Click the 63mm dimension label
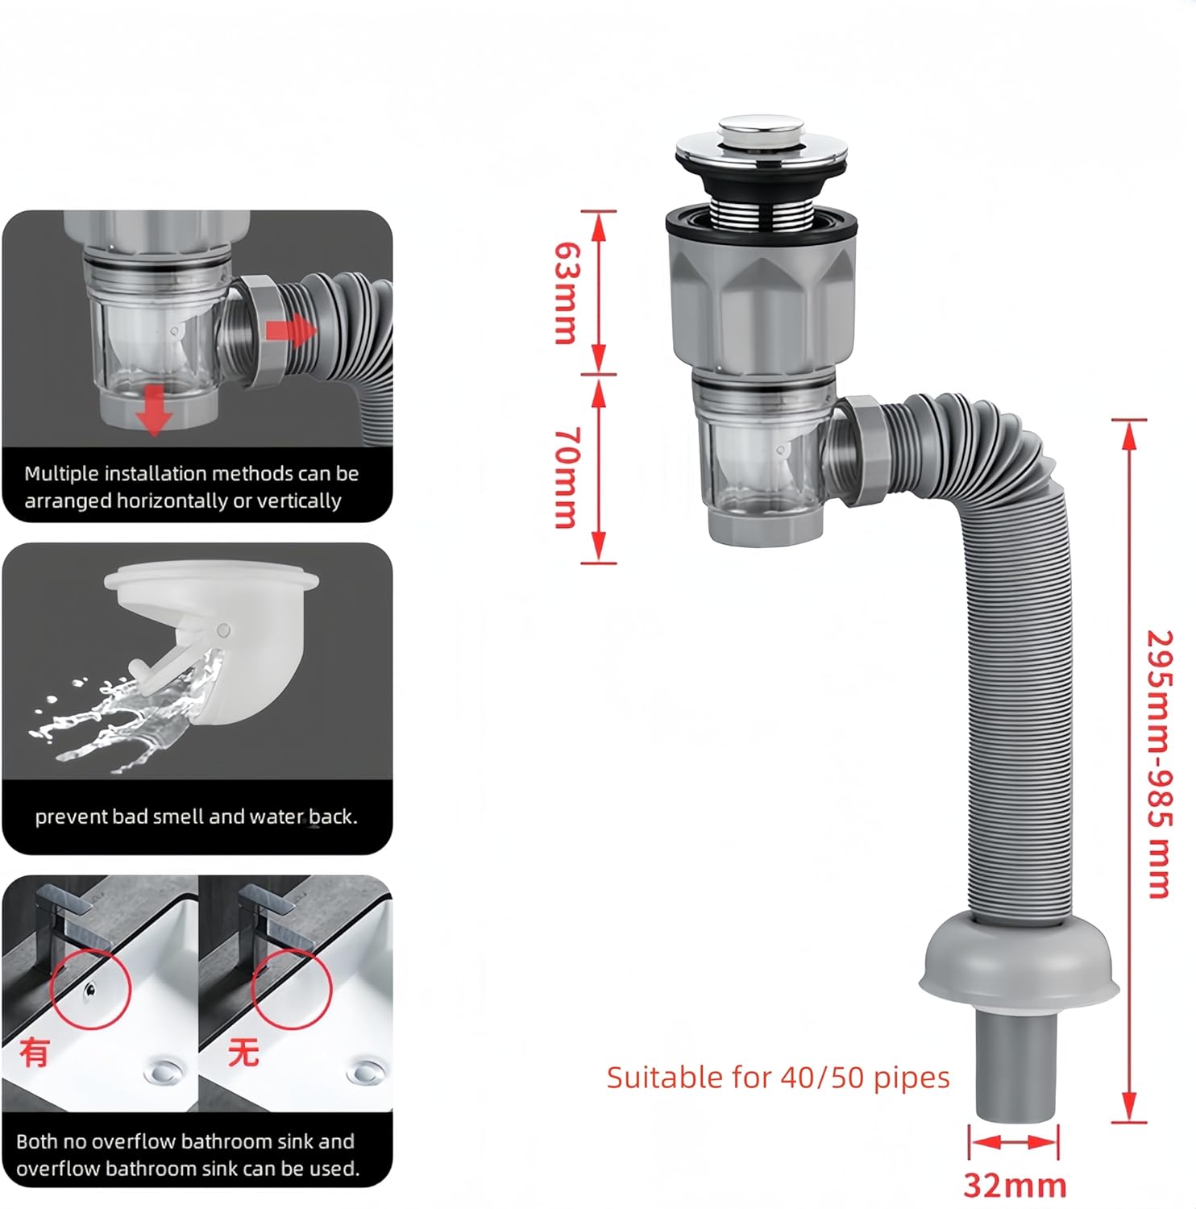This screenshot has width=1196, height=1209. [x=566, y=293]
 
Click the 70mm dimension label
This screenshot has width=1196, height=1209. [x=566, y=477]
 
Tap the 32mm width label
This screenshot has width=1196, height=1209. [x=1015, y=1185]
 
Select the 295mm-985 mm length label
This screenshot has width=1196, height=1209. [x=1159, y=763]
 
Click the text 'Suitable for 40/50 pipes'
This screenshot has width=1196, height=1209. [x=778, y=1078]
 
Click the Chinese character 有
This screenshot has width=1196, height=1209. [x=34, y=1053]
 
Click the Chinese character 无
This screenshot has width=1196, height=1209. [x=243, y=1053]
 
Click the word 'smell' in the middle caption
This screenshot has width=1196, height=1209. [x=178, y=816]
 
